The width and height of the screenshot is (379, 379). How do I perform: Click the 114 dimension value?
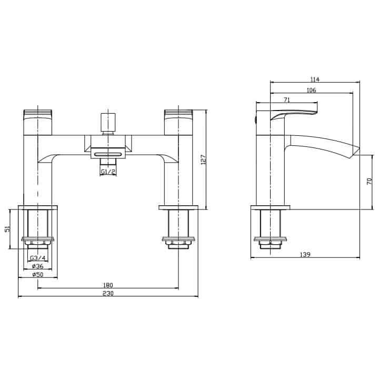[315, 79]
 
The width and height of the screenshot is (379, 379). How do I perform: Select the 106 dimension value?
[311, 90]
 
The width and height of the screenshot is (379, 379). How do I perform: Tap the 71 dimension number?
[287, 99]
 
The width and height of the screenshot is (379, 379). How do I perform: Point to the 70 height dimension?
[370, 181]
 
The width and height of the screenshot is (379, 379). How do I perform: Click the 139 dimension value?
[305, 254]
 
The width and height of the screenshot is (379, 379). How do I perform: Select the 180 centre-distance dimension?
[108, 285]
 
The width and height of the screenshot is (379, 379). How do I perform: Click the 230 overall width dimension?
[108, 293]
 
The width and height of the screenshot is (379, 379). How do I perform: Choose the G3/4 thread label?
[37, 258]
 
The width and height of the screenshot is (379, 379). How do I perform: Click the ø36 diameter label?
[37, 266]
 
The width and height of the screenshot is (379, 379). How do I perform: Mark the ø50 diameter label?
[37, 275]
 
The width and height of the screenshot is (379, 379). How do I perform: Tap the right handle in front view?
[179, 121]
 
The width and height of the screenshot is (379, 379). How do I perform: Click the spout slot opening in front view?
[108, 153]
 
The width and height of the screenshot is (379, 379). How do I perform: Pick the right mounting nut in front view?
[179, 243]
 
